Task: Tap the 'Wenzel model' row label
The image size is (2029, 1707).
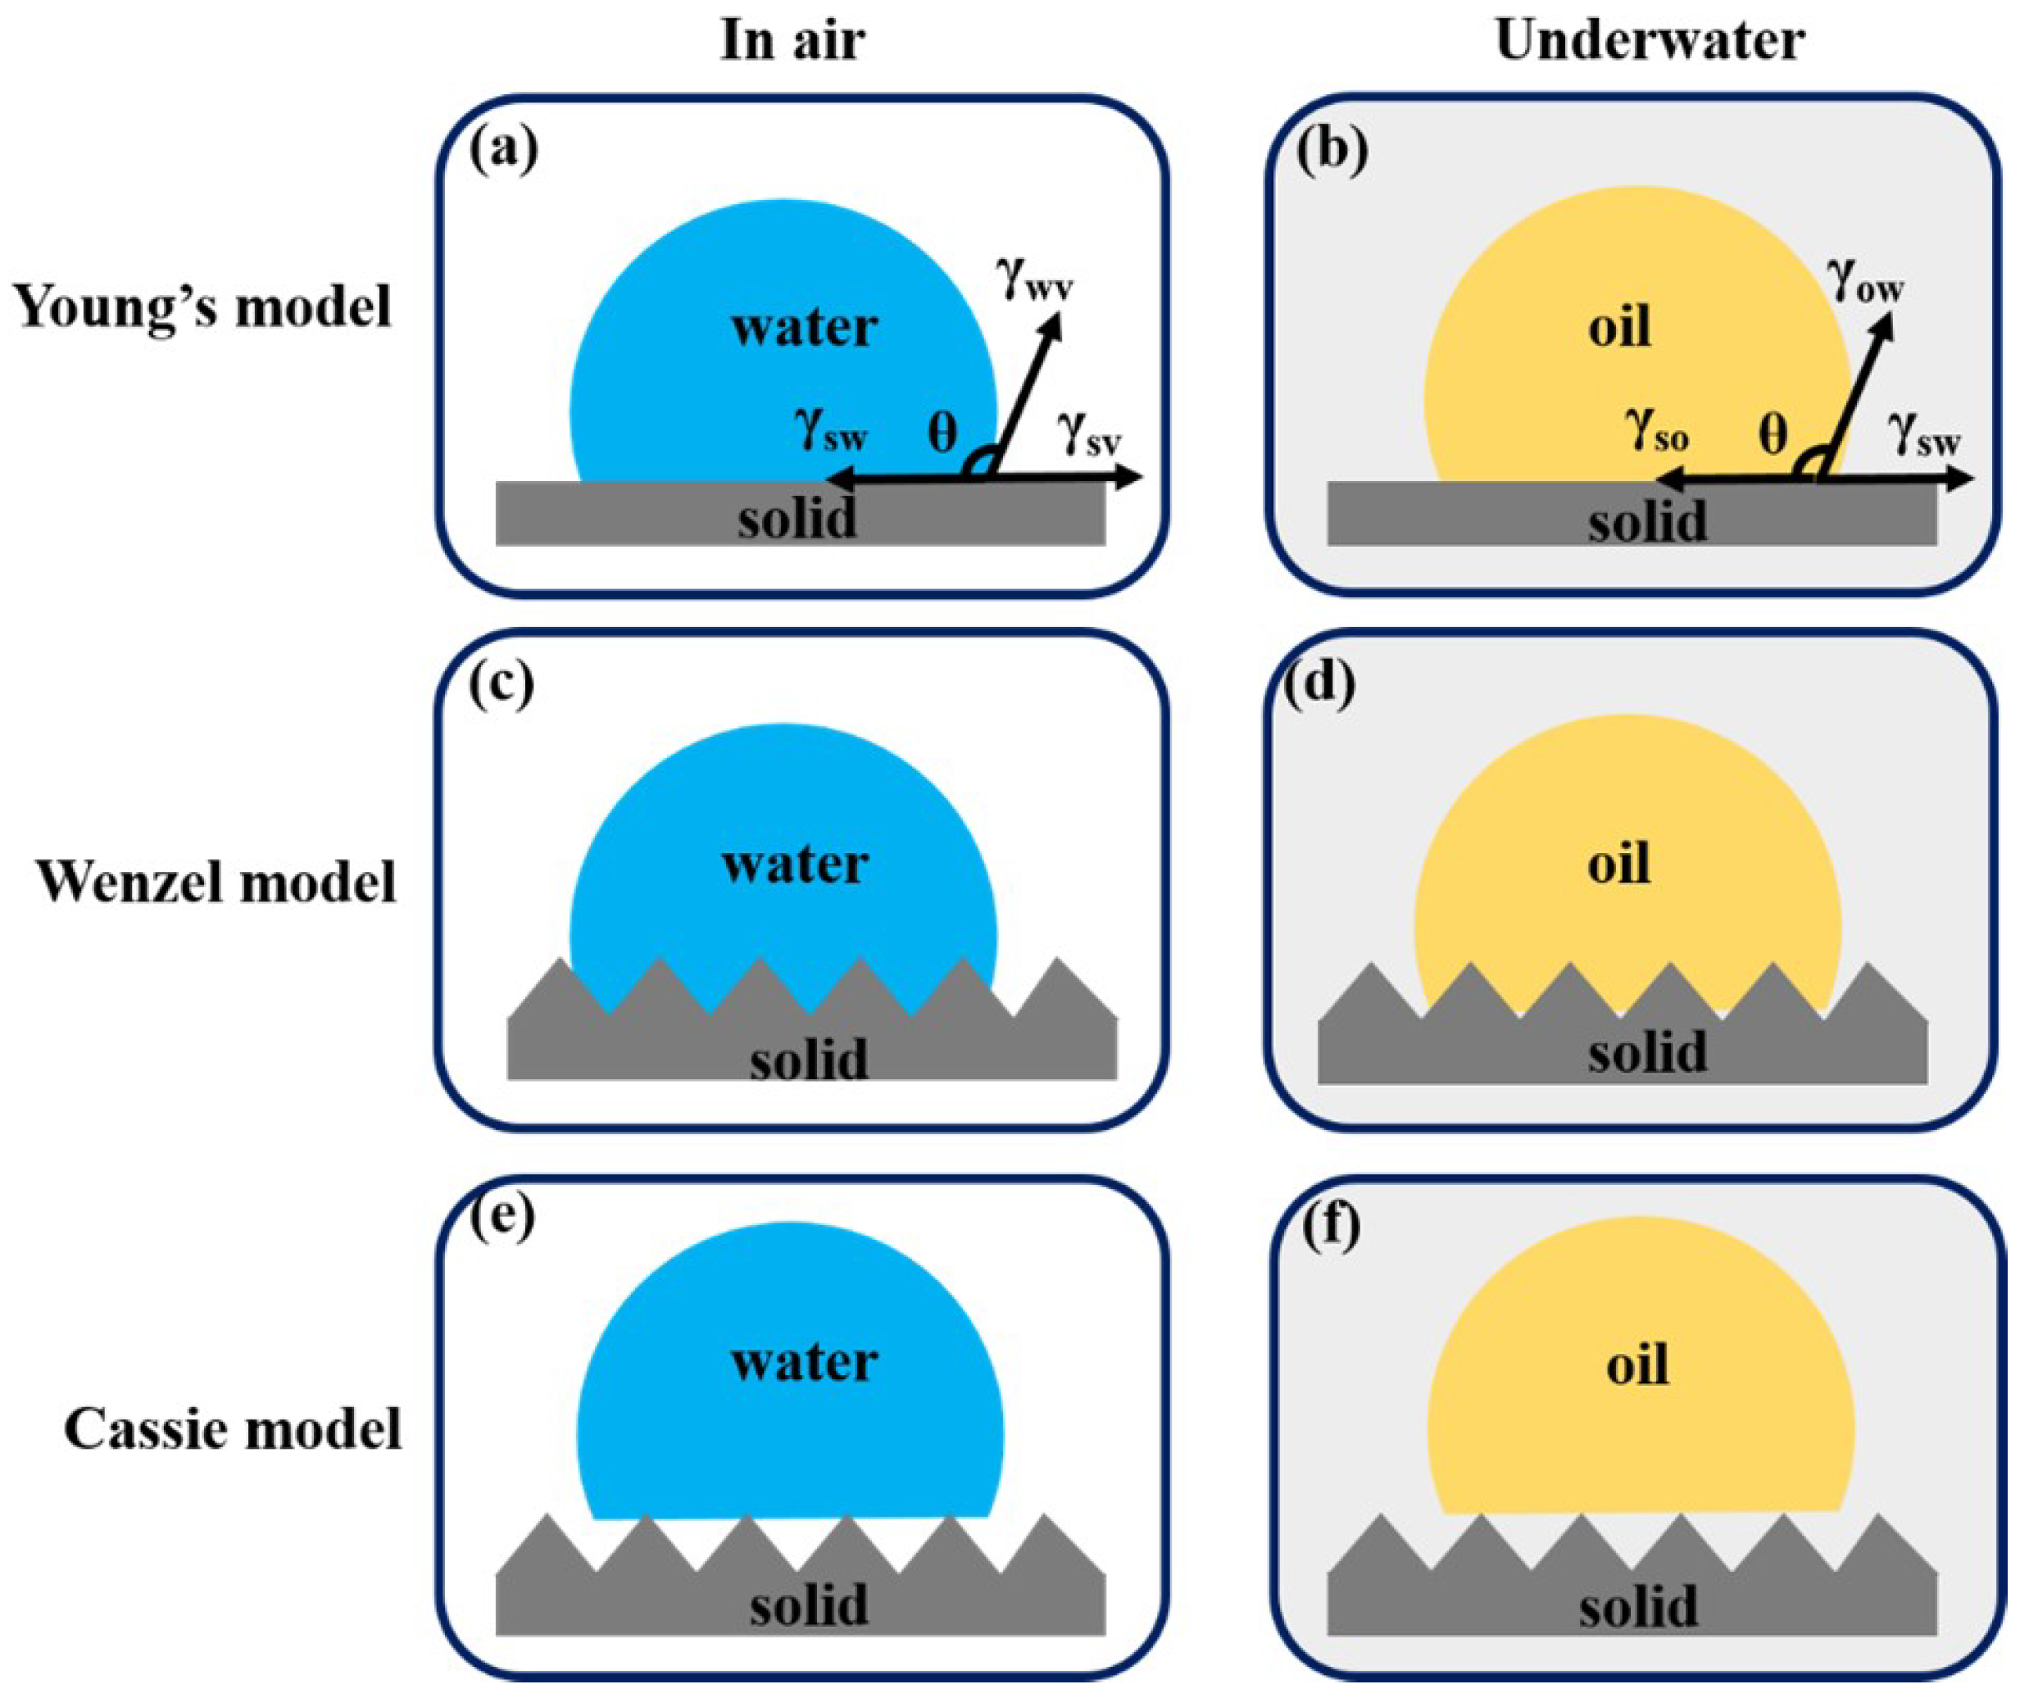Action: (216, 882)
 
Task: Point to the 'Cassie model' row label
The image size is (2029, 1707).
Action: (232, 1428)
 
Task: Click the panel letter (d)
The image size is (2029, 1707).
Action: (1320, 685)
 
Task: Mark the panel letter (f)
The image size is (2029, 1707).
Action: (1332, 1227)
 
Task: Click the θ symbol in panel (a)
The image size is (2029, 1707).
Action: (942, 434)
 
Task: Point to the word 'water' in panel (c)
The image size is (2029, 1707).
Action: (794, 864)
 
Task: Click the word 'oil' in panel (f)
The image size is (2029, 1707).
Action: (1637, 1366)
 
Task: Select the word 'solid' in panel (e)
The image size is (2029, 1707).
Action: (808, 1605)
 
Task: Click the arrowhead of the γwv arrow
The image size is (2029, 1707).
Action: (1051, 327)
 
